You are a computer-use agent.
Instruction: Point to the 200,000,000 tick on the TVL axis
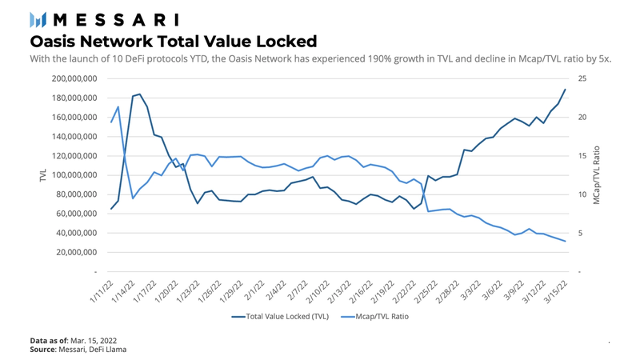(x=86, y=78)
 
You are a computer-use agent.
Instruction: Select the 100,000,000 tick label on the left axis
(x=86, y=175)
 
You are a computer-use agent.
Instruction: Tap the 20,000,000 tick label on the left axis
(x=88, y=253)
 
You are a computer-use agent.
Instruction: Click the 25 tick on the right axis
(x=582, y=78)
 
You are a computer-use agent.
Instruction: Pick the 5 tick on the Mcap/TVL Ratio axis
(x=580, y=234)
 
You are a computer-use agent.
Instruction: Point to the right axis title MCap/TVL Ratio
(x=597, y=175)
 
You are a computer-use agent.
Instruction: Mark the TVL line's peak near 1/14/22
(x=140, y=94)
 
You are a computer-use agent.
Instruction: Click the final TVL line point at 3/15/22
(x=565, y=90)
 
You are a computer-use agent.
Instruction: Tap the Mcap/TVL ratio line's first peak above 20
(x=118, y=106)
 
